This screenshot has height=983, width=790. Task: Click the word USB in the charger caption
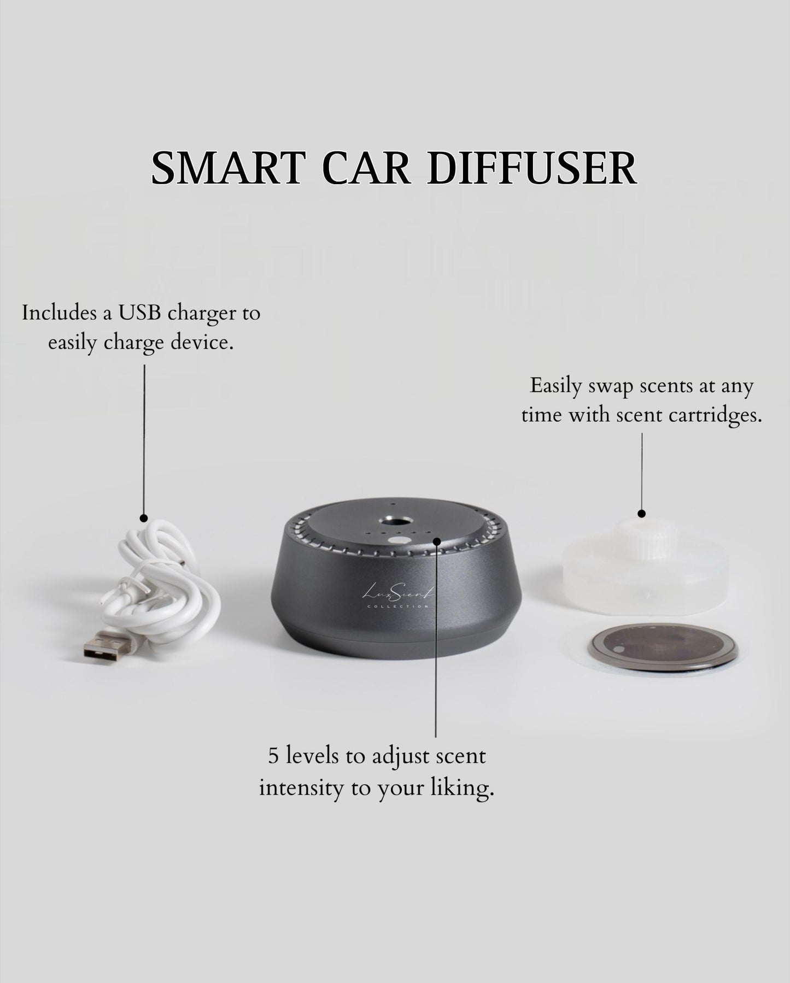pyautogui.click(x=144, y=314)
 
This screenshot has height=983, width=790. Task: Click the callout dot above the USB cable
pyautogui.click(x=144, y=517)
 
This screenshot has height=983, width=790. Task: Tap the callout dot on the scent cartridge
pyautogui.click(x=642, y=514)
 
